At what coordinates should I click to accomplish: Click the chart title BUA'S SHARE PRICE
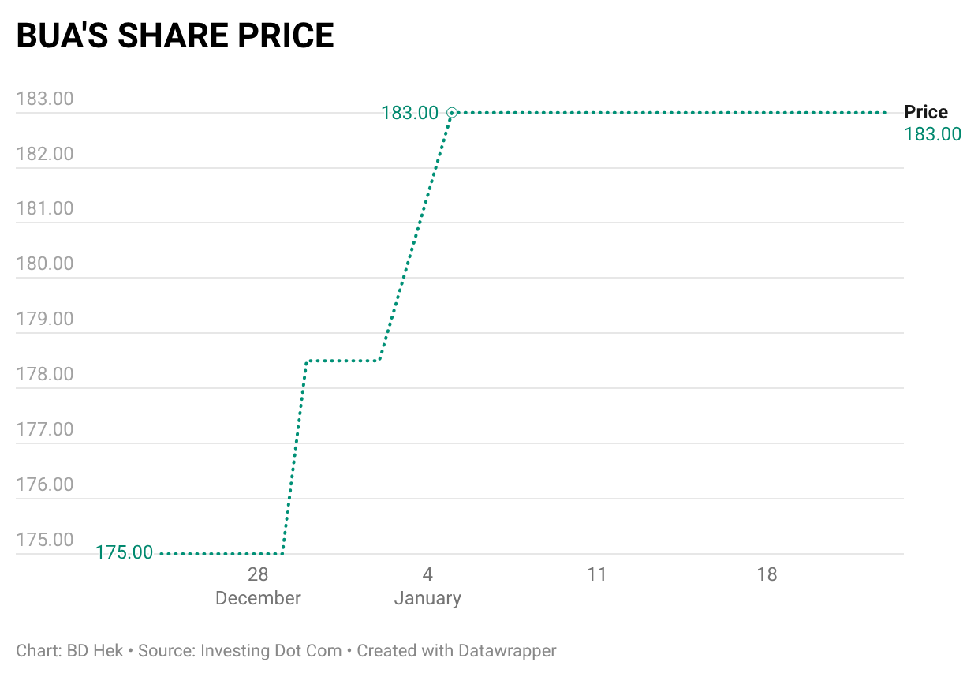[x=175, y=36]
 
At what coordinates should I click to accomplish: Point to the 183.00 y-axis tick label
[x=45, y=99]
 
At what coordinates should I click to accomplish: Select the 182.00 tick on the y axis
[x=45, y=154]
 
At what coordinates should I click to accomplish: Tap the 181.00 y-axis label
[x=45, y=209]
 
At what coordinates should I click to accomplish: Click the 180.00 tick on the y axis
[x=45, y=264]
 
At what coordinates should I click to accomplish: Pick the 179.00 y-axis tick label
[x=45, y=319]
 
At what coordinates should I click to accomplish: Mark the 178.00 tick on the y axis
[x=45, y=374]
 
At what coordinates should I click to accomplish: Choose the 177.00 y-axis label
[x=45, y=429]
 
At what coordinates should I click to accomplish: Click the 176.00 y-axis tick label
[x=45, y=484]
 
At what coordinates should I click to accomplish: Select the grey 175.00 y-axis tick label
[x=45, y=540]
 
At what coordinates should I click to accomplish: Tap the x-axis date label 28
[x=258, y=574]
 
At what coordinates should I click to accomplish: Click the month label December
[x=258, y=598]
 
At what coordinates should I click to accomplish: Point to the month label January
[x=427, y=598]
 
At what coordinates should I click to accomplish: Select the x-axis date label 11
[x=597, y=574]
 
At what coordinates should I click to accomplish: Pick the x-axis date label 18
[x=767, y=574]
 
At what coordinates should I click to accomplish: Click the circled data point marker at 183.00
[x=452, y=113]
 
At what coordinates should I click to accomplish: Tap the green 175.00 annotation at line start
[x=125, y=553]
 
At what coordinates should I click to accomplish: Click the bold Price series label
[x=926, y=112]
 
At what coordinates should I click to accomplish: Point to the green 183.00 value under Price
[x=933, y=134]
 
